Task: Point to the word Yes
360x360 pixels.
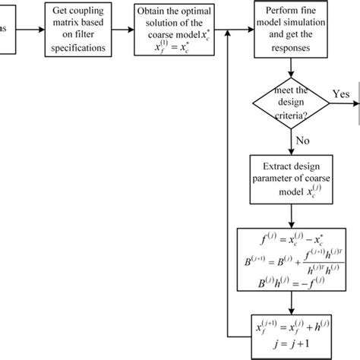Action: (341, 93)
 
